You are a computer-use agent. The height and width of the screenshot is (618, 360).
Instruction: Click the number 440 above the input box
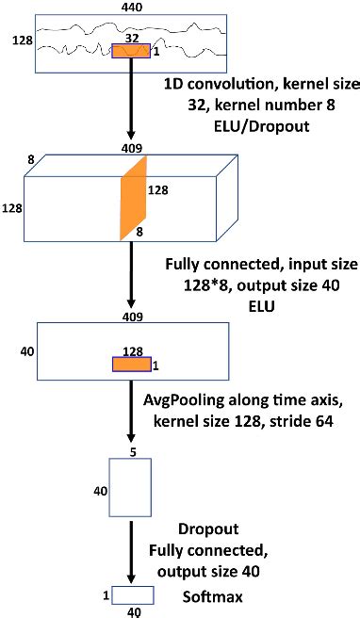pyautogui.click(x=133, y=7)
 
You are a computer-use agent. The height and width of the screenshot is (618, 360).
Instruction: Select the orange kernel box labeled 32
pyautogui.click(x=132, y=51)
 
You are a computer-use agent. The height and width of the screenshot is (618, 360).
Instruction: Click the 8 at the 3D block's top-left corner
pyautogui.click(x=31, y=161)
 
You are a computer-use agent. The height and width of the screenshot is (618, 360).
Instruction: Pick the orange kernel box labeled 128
pyautogui.click(x=133, y=365)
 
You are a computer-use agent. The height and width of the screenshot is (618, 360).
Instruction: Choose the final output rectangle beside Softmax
pyautogui.click(x=133, y=594)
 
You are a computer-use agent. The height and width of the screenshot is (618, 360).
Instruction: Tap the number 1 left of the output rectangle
pyautogui.click(x=105, y=594)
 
